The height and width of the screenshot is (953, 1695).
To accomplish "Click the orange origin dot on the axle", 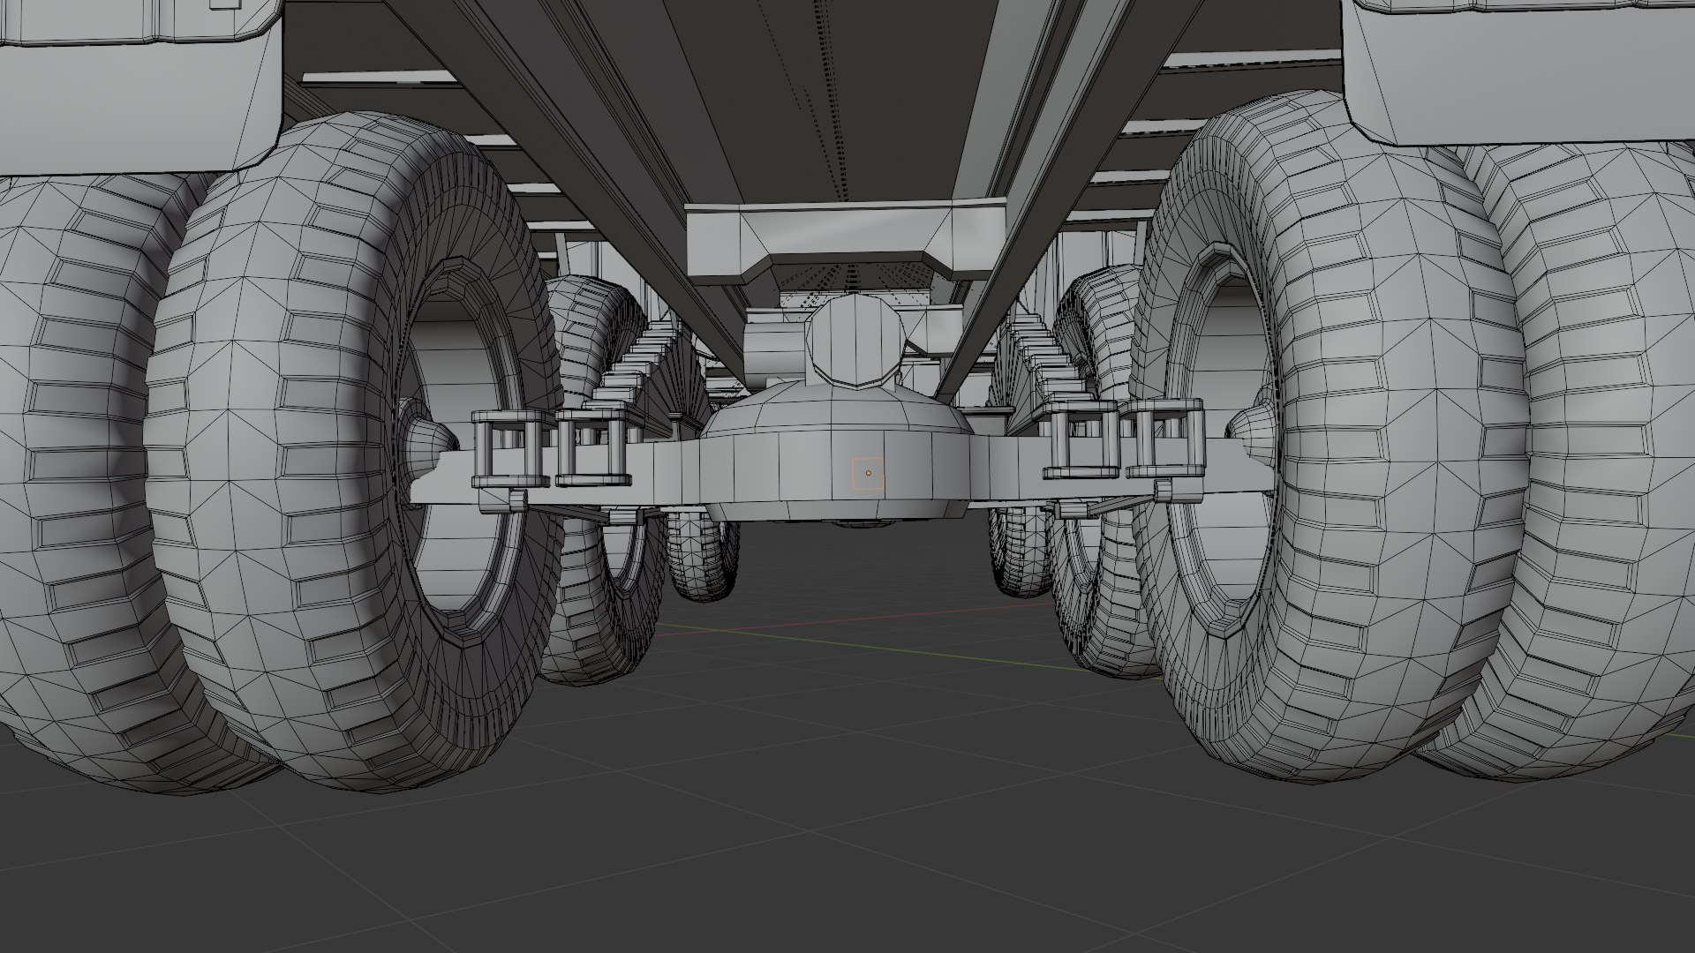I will [x=868, y=473].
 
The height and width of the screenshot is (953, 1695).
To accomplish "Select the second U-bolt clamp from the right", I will [x=1082, y=440].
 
